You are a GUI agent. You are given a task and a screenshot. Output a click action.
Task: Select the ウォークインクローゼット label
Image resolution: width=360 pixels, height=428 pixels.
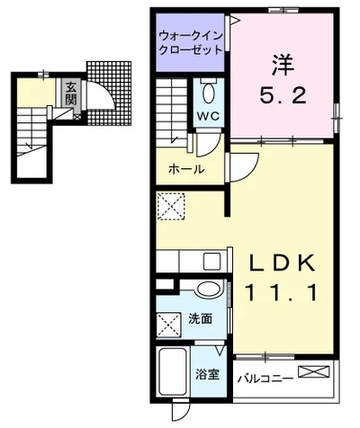coord(190,42)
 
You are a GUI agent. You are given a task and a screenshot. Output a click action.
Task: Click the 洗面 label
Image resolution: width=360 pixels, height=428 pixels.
coord(200,319)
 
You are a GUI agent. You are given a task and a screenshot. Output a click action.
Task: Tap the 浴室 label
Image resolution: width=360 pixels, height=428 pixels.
coord(207,374)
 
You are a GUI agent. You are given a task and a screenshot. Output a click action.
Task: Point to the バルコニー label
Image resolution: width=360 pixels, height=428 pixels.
coord(265,379)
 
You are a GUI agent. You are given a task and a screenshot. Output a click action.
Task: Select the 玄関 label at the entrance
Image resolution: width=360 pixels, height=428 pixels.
coord(69,94)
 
